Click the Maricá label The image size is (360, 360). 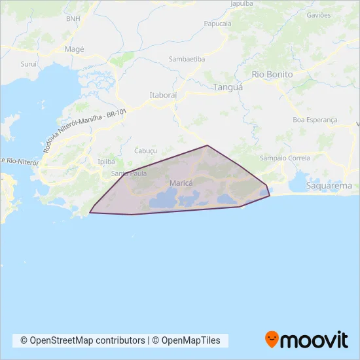click(181, 184)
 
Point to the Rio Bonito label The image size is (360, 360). click(272, 75)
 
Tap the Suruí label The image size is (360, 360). click(29, 65)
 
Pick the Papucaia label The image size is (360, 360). click(218, 24)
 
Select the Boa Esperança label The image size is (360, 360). click(315, 120)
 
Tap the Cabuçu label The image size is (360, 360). click(145, 150)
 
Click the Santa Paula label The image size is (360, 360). click(129, 173)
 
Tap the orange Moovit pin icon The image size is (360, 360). click(272, 339)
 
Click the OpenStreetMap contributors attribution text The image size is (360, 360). click(83, 340)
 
